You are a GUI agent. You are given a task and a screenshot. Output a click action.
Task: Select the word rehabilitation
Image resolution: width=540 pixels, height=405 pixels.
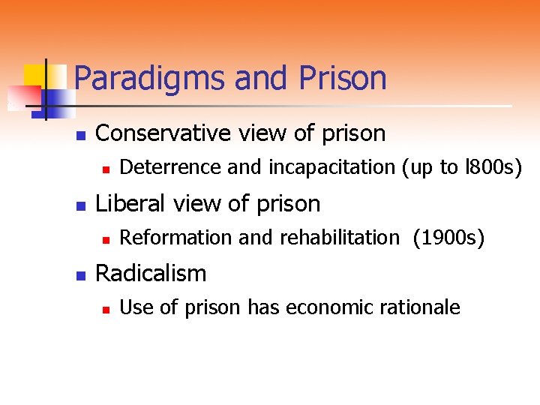coord(340,238)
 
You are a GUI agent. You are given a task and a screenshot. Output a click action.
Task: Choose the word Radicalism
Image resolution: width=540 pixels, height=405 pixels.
coord(151,273)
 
